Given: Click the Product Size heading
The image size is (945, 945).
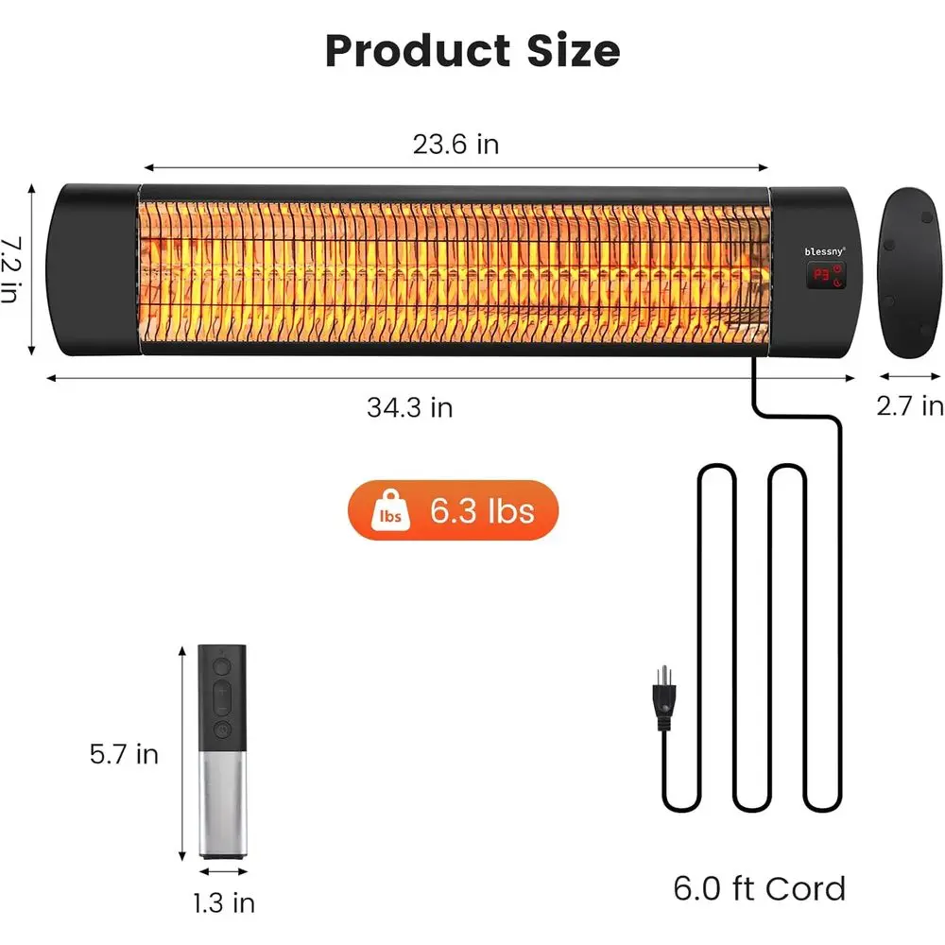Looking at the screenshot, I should tap(472, 50).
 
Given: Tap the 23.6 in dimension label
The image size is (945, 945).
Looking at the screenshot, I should tap(455, 145).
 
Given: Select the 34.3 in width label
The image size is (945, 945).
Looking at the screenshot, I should tap(409, 407).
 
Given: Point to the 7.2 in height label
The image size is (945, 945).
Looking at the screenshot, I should tap(11, 269).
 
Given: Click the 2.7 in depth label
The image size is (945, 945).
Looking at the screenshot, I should tap(909, 406).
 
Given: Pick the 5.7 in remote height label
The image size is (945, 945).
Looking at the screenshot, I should tap(124, 754).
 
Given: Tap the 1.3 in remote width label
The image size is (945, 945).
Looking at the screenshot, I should tap(224, 902).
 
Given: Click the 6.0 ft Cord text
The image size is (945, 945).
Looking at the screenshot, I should tap(759, 888).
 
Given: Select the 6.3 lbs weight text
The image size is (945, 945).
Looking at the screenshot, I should tap(482, 511).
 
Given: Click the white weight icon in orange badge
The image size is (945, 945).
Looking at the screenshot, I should tap(391, 511).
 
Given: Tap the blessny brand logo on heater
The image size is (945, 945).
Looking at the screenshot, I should tap(825, 251).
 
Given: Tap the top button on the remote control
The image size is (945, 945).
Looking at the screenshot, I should tap(222, 665).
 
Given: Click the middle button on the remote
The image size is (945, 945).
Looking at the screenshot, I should tap(222, 697).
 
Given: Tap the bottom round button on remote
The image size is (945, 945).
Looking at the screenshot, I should tap(222, 729).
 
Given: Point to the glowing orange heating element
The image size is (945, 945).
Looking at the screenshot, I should tap(454, 269).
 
